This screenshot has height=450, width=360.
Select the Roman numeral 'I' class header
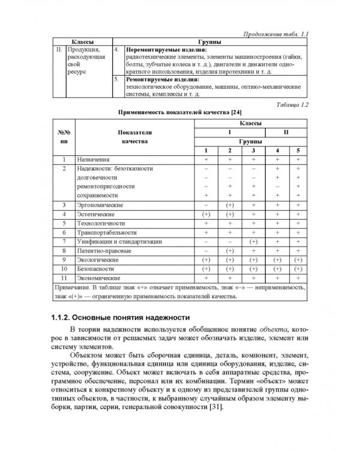(x=228, y=131)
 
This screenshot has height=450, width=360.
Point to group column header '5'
(x=297, y=150)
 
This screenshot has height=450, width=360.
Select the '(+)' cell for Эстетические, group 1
(x=206, y=214)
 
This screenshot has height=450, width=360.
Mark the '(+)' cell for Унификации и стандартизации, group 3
(x=253, y=241)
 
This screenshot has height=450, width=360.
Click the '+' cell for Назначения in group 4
(x=277, y=160)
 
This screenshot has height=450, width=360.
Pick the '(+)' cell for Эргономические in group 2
(x=229, y=205)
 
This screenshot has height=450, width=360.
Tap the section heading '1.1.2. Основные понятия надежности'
(x=120, y=317)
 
